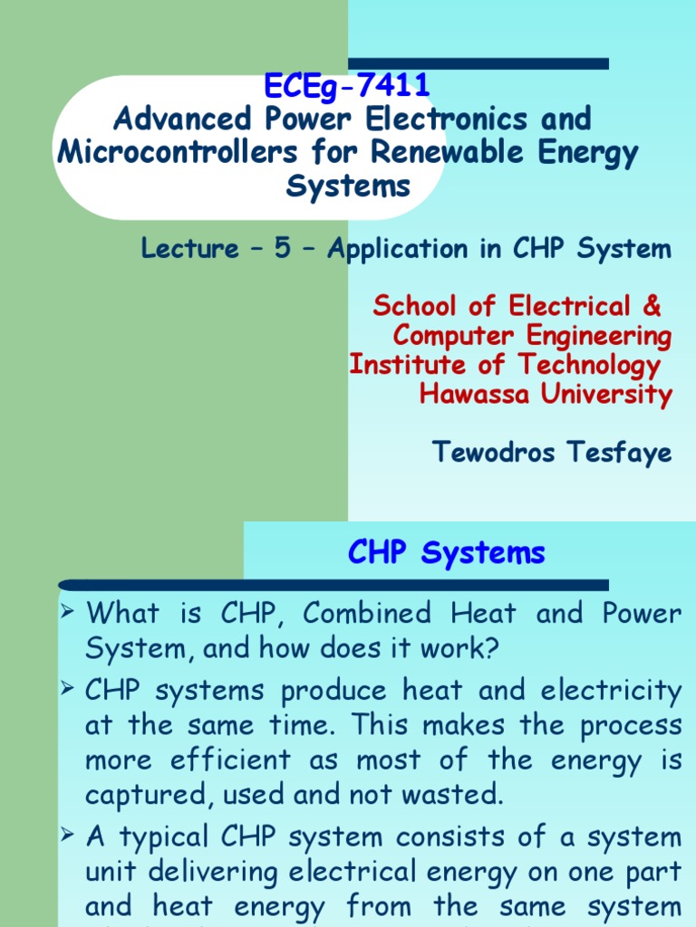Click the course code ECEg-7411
[x=347, y=88]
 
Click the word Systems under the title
[x=348, y=186]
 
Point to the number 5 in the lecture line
[x=284, y=249]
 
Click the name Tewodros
[x=494, y=452]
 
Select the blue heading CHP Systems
[x=447, y=552]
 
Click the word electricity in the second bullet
[x=609, y=691]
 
